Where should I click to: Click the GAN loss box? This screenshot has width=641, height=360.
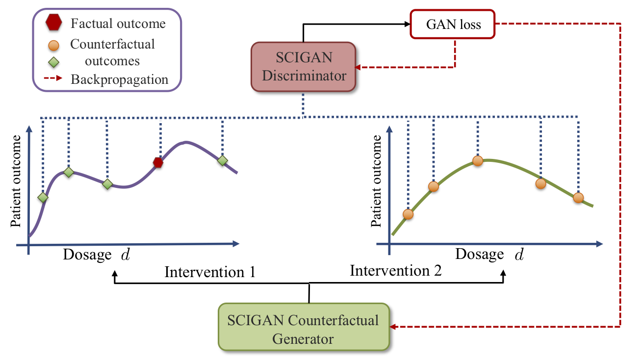coord(452,24)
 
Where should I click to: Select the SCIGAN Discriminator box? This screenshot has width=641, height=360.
coord(303,67)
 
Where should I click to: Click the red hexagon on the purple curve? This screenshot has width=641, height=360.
coord(158,162)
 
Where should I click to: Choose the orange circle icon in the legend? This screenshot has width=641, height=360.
coord(54,46)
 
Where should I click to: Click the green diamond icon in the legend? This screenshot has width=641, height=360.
coord(54,62)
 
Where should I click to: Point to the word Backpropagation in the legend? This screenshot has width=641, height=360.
coord(119,79)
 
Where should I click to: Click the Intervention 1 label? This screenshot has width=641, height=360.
coord(210,272)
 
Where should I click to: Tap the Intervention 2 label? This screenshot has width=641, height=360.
coord(396,270)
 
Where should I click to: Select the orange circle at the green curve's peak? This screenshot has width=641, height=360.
coord(478,160)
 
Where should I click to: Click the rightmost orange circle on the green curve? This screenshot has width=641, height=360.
coord(578,198)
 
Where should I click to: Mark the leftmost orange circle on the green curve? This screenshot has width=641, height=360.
coord(408,214)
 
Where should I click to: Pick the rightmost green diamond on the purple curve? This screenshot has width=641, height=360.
coord(223,160)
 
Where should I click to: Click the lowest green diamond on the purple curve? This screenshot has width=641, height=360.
coord(43,197)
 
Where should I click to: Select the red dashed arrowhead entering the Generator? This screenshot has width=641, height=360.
coord(393,326)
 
